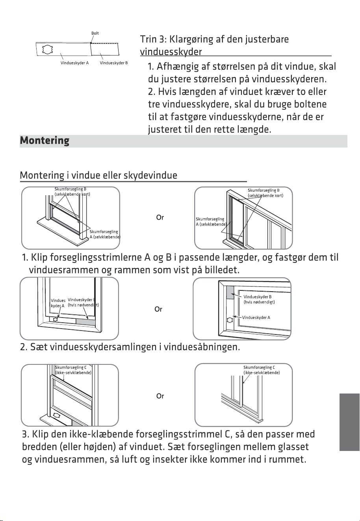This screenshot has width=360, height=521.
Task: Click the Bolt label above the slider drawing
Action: coord(95,33)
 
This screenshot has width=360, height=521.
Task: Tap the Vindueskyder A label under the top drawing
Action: coord(75,63)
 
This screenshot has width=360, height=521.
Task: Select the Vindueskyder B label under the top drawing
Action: coord(114,63)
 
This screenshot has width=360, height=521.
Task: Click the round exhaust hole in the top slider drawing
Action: coord(48,49)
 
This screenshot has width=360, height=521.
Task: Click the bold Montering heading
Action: coord(45,141)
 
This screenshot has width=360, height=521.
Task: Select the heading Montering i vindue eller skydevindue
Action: coord(98,176)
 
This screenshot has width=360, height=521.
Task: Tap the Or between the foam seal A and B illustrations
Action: coord(160,218)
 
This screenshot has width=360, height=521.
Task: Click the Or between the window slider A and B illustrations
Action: coord(158,309)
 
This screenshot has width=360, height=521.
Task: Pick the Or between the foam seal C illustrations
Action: coord(160,396)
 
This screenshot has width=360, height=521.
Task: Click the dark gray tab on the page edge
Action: coord(349,422)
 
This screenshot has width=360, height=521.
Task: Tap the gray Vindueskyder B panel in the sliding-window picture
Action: coord(230,293)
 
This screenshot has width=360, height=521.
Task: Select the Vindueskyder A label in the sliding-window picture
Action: coord(256,318)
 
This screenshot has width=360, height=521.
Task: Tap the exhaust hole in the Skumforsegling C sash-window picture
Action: coord(57,415)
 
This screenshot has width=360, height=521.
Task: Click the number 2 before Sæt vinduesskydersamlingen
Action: coord(23,347)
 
